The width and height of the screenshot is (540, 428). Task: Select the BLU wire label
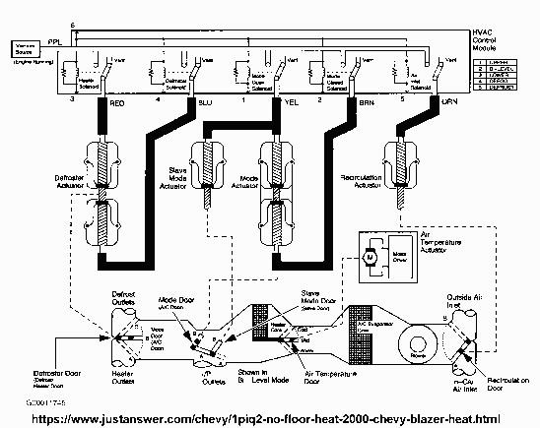(205, 101)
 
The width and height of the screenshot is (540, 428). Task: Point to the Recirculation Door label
(504, 378)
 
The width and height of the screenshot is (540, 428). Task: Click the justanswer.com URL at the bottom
(267, 417)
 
